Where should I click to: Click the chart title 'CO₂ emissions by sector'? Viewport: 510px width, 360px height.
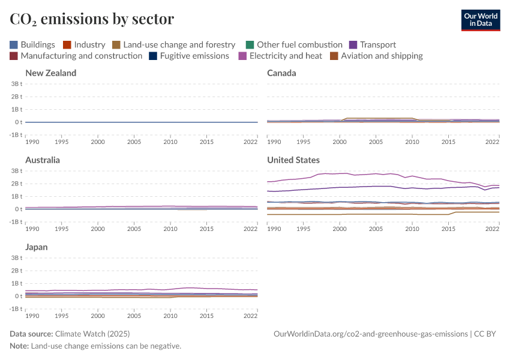coord(92,19)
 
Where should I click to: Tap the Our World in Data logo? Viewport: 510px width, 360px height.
coord(480,20)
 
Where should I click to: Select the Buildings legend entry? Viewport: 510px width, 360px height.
coord(32,44)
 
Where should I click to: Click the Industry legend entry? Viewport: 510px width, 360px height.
coord(84,44)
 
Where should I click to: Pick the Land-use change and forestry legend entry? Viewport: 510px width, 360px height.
coord(173,44)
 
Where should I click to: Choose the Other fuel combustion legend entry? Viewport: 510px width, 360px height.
coord(294,44)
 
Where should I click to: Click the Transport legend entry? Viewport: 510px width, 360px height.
coord(373,44)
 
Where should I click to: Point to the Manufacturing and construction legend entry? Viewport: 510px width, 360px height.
coord(76,56)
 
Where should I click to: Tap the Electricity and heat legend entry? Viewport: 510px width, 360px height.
coord(280,56)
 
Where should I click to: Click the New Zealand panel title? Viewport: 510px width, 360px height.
coord(51,73)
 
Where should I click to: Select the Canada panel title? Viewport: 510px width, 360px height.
coord(281,73)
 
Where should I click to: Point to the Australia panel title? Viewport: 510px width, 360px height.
coord(43,160)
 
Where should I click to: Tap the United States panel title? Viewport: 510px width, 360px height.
coord(293,160)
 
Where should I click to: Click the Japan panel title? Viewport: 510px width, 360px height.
coord(37,247)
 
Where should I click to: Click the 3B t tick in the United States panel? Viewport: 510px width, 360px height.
coord(257,171)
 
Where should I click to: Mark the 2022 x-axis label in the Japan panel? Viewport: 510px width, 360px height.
coord(250,316)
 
